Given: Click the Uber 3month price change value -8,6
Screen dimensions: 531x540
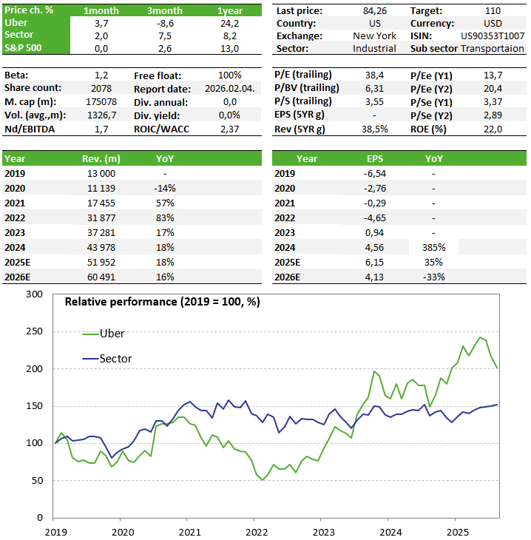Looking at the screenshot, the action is click(165, 24).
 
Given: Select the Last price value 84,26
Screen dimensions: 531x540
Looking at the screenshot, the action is click(375, 11).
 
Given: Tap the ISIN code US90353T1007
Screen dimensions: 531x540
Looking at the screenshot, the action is click(493, 36).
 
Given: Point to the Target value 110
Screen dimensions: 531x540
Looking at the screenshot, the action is click(493, 11).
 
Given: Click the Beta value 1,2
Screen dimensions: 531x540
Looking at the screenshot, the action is click(101, 75).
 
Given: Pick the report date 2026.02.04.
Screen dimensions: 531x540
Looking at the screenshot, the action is click(230, 89).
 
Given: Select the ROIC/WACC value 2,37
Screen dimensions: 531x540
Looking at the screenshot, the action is click(230, 129).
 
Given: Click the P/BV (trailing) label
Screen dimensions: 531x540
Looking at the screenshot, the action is click(306, 88).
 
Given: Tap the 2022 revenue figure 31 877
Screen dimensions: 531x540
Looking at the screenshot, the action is click(101, 218).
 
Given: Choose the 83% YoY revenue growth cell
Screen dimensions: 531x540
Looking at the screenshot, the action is click(165, 218).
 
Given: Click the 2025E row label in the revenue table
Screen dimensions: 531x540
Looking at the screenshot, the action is click(17, 263).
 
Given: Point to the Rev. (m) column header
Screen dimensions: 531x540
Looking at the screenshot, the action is click(101, 159).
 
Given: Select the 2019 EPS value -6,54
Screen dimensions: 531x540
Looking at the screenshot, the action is click(375, 174).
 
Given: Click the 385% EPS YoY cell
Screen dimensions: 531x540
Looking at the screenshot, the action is click(434, 248).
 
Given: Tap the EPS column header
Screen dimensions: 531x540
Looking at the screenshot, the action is click(375, 159).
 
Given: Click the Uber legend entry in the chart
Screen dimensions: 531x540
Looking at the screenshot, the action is click(104, 334).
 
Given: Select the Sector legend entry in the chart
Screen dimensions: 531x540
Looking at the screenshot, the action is click(107, 359).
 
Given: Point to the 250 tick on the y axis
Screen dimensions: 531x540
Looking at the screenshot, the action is click(35, 331).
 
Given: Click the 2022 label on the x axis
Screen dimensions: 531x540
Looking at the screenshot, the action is click(257, 533).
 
